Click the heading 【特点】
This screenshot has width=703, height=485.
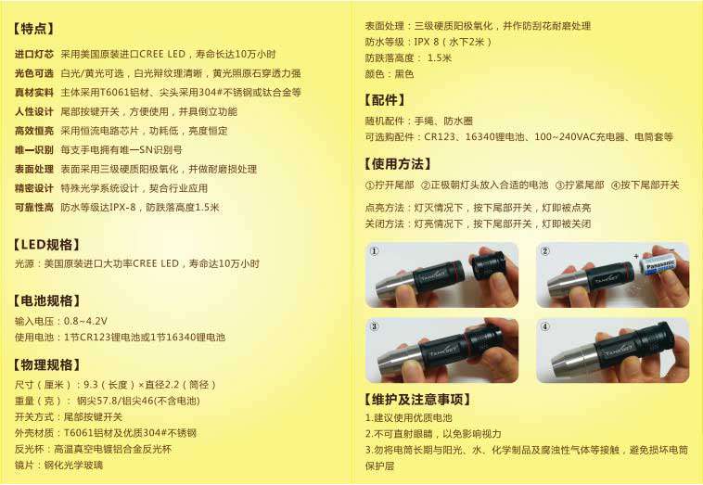(34, 29)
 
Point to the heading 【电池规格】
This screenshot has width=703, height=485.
(47, 300)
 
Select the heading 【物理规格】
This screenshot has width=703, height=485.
(47, 364)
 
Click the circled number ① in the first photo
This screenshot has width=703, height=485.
(375, 251)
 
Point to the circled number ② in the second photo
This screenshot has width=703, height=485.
(545, 251)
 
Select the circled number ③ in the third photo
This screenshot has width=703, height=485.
(375, 327)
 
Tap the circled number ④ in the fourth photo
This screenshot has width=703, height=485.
(545, 327)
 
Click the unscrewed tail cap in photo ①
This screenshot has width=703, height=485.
(488, 268)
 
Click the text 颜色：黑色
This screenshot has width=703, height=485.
(390, 73)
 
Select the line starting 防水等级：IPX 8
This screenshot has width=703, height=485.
(428, 42)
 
